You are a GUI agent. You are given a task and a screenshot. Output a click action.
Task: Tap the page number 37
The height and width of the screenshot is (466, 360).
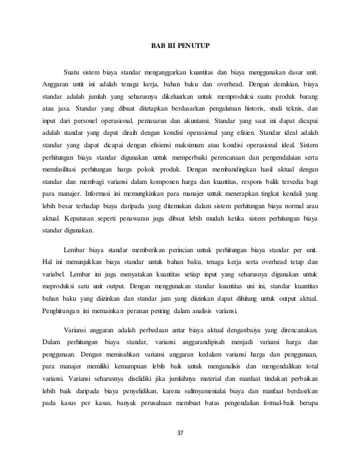click(x=180, y=433)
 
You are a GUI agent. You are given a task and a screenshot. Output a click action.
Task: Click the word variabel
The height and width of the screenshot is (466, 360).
click(x=54, y=274)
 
